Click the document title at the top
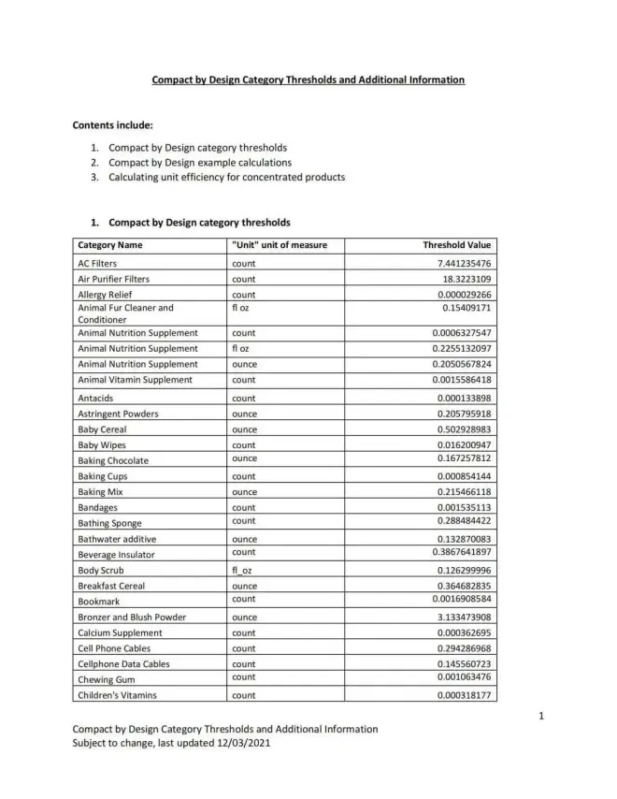308,80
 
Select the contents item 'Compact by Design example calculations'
199,163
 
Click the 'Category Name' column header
110,245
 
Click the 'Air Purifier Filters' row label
113,279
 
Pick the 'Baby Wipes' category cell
102,445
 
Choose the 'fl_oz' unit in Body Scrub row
242,570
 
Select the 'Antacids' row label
96,399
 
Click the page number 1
541,717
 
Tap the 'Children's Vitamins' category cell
117,695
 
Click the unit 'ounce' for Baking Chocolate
244,458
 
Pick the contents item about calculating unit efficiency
227,178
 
